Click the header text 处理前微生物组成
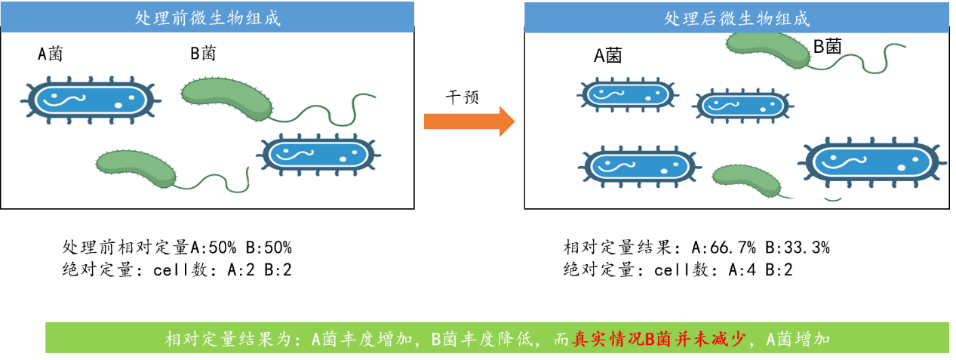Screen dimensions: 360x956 [x=207, y=18]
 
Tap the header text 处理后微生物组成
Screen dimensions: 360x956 [x=736, y=18]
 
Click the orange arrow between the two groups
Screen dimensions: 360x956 [x=469, y=122]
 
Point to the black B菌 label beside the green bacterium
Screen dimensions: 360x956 [x=826, y=47]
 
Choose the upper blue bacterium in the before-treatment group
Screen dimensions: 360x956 [x=90, y=100]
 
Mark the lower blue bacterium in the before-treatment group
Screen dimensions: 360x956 [x=319, y=155]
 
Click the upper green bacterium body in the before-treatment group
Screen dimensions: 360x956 [x=226, y=97]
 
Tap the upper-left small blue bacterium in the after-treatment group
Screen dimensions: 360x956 [x=627, y=94]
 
